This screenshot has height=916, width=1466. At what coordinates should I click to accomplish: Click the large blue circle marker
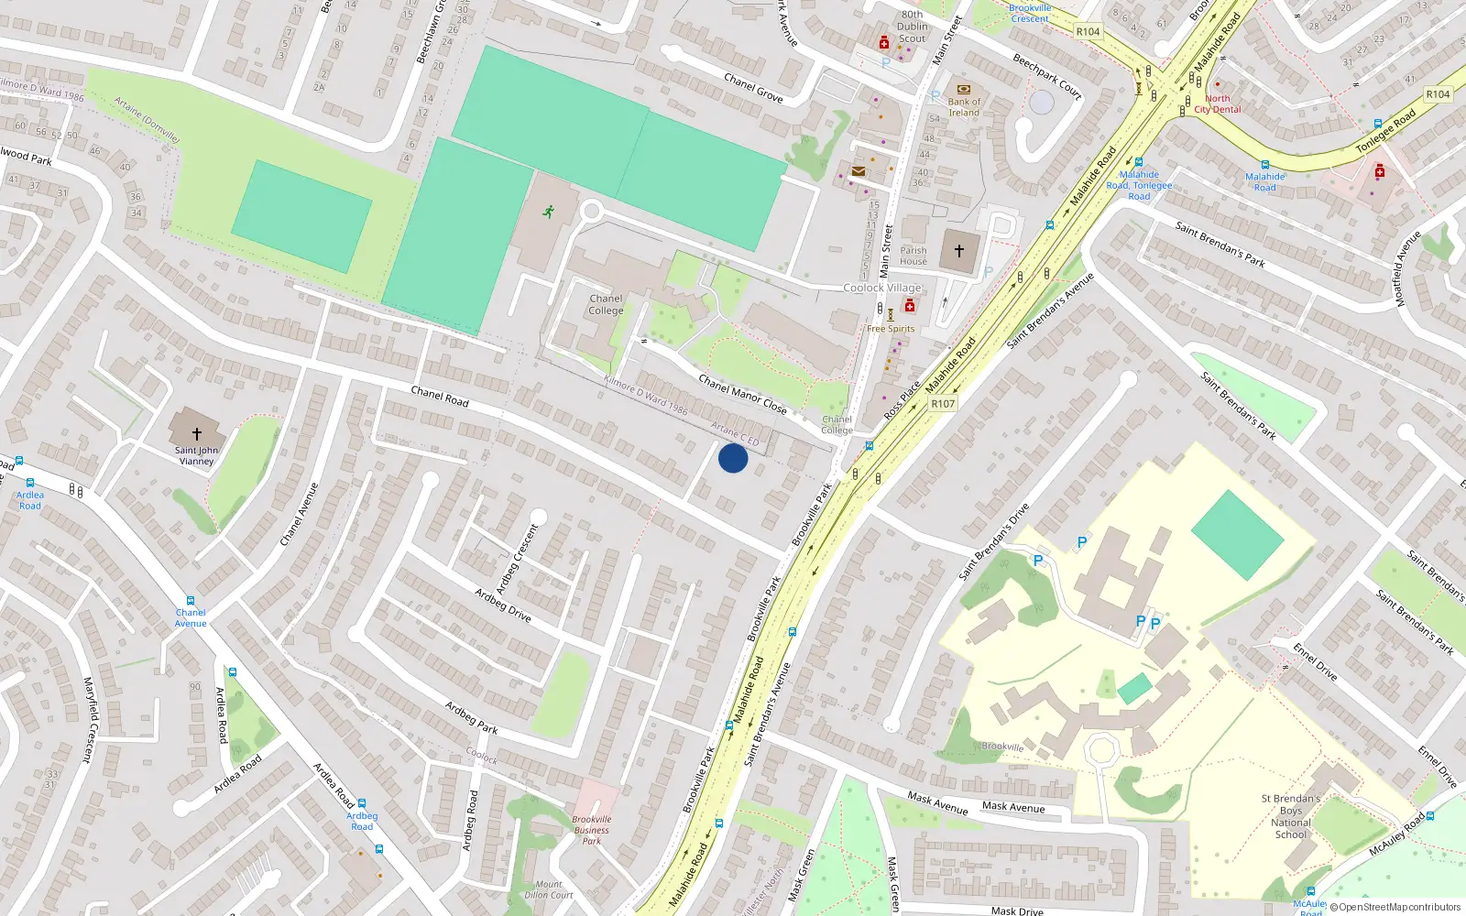pyautogui.click(x=733, y=458)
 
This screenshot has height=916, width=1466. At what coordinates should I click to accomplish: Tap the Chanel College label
pyautogui.click(x=606, y=304)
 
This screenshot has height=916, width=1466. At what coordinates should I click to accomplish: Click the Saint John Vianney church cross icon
pyautogui.click(x=196, y=433)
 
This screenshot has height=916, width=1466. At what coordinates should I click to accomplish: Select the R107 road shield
pyautogui.click(x=943, y=404)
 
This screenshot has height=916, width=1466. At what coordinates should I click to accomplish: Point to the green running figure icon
pyautogui.click(x=548, y=212)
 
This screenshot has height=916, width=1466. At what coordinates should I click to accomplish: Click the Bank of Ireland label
pyautogui.click(x=964, y=107)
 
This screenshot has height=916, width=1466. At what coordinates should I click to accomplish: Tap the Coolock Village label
pyautogui.click(x=882, y=288)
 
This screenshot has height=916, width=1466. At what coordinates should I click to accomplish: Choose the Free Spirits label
pyautogui.click(x=891, y=328)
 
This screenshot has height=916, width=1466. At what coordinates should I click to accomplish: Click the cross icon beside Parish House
pyautogui.click(x=959, y=251)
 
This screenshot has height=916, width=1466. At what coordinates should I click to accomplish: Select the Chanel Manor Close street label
pyautogui.click(x=742, y=394)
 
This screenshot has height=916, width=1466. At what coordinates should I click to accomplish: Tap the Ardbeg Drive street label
pyautogui.click(x=503, y=605)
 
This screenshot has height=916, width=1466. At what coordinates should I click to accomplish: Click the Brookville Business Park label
pyautogui.click(x=592, y=830)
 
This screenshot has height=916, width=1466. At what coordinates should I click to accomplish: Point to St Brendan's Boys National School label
pyautogui.click(x=1290, y=816)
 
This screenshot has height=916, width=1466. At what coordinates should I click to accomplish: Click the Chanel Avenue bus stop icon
pyautogui.click(x=191, y=601)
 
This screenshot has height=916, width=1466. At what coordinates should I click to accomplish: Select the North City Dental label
pyautogui.click(x=1218, y=104)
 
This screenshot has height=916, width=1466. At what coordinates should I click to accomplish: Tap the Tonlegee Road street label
pyautogui.click(x=1385, y=131)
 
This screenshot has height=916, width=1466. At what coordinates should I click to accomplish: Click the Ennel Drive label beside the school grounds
pyautogui.click(x=1315, y=662)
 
